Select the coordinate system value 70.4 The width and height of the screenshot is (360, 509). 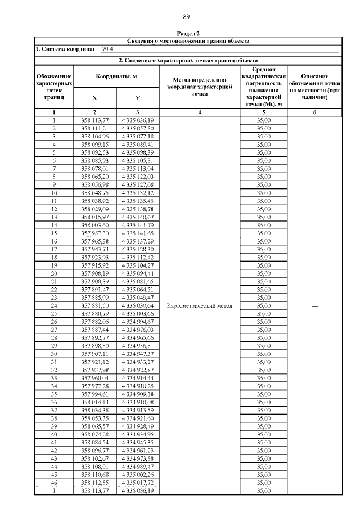coord(107,49)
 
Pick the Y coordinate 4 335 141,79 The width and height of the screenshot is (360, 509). coord(137,225)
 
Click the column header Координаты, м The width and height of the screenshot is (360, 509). coord(116,76)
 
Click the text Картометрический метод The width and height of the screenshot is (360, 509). coord(200,305)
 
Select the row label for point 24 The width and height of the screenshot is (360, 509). coord(54,305)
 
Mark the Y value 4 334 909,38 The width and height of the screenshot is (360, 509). coord(137,394)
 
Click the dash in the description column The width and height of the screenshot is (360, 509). coord(314,305)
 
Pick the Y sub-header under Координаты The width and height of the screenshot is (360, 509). coord(137,97)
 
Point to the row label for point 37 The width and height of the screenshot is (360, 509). coord(54,410)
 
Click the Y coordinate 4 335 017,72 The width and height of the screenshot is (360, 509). coord(137,483)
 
